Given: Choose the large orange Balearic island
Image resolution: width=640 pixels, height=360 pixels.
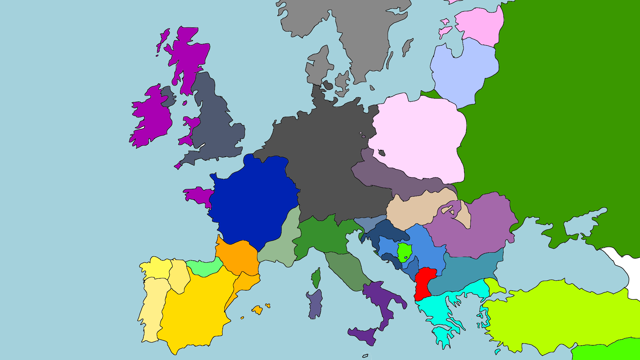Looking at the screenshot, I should pyautogui.click(x=257, y=310).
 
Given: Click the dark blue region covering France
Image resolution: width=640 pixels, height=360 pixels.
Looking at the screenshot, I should pyautogui.click(x=253, y=200).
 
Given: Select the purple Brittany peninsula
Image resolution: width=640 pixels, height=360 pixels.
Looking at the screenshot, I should pyautogui.click(x=198, y=195).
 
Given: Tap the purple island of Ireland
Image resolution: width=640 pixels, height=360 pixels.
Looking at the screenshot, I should pyautogui.click(x=152, y=117).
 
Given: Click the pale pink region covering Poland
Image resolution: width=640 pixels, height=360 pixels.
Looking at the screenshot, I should pyautogui.click(x=418, y=137).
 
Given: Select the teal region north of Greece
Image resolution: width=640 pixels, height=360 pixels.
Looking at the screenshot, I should pyautogui.click(x=467, y=270).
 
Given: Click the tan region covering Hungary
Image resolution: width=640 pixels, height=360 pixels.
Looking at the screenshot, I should pyautogui.click(x=417, y=210).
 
